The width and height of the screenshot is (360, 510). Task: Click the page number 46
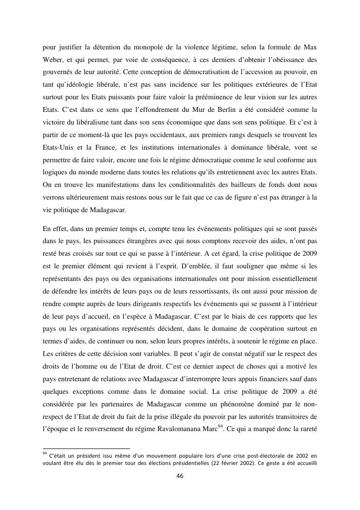[x=180, y=476]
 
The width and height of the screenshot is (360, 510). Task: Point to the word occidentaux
[x=168, y=135]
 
